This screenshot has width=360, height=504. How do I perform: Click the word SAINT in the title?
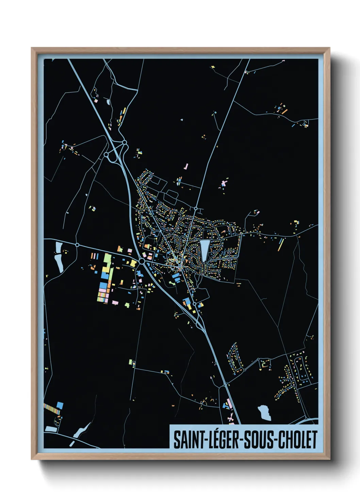point(188,440)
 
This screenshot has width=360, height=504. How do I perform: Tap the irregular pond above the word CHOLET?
point(264,412)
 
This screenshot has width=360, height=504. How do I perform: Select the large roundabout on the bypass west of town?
point(142,262)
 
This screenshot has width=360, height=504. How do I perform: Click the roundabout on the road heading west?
point(77,245)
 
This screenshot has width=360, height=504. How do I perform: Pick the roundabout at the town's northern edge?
point(196,208)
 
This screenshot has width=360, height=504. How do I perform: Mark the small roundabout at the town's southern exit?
point(194,304)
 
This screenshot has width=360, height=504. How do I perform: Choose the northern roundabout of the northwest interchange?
point(125,142)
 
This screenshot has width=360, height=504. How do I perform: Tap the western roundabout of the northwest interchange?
point(106,155)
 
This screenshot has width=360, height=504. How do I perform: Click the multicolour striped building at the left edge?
point(52,409)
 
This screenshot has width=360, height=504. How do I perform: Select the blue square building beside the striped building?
point(60,405)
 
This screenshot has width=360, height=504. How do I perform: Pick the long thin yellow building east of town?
point(281,244)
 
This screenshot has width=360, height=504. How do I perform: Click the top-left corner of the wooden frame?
point(32,48)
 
